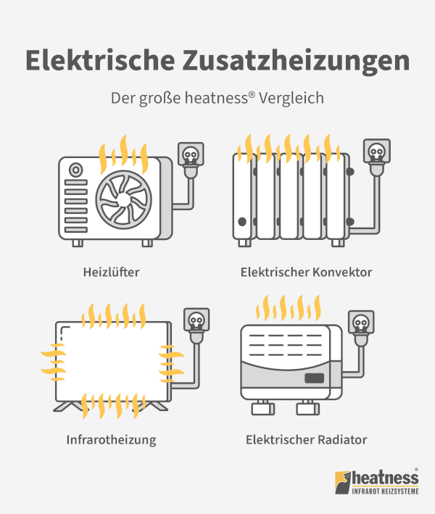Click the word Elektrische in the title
pos(100,60)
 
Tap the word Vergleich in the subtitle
pos(291,99)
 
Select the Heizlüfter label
pos(111,272)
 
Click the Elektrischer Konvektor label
pos(306,272)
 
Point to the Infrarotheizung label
pos(111,440)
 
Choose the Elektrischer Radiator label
pos(306,439)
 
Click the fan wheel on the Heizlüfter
pos(124,199)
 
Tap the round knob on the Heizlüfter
pos(75,170)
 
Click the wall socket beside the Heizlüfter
pos(191,154)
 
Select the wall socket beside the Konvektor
pos(377,151)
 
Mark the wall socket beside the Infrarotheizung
pos(196,320)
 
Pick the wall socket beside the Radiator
pos(361,322)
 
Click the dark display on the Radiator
pos(315,378)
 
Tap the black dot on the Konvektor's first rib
pos(242,222)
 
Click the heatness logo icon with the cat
pos(342,483)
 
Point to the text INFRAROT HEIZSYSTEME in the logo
pos(385,491)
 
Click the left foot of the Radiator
pos(263,408)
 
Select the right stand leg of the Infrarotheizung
pos(154,406)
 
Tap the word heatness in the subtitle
pos(216,98)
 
